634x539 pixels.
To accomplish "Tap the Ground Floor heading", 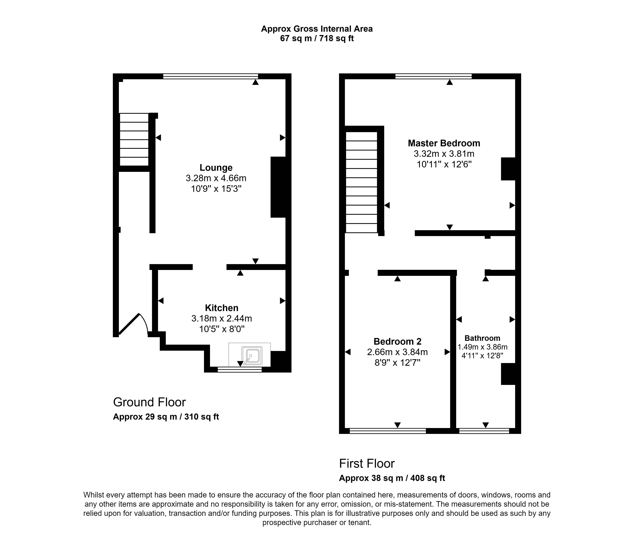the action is pyautogui.click(x=149, y=402).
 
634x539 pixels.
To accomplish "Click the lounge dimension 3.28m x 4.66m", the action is pyautogui.click(x=216, y=178).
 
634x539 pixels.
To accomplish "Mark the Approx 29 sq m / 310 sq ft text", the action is pyautogui.click(x=166, y=417).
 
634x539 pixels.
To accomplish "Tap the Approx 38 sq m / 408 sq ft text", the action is pyautogui.click(x=392, y=478).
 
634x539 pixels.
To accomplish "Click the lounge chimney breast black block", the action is pyautogui.click(x=278, y=187).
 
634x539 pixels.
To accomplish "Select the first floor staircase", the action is pyautogui.click(x=361, y=182).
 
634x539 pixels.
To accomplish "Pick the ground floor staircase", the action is pyautogui.click(x=134, y=139).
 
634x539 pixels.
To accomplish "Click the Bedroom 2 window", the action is pyautogui.click(x=388, y=431).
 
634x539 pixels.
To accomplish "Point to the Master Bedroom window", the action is pyautogui.click(x=433, y=76).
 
